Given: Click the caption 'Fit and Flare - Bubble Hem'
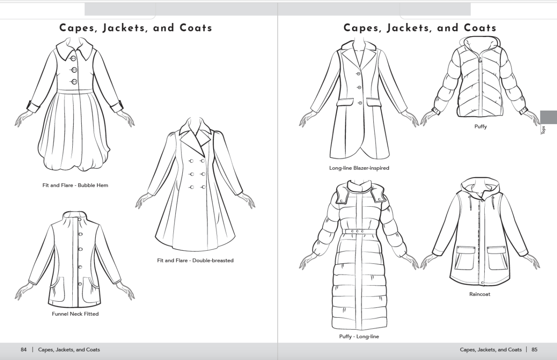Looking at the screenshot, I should tap(75, 185).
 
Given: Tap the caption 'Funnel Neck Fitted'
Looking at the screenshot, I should tap(75, 314).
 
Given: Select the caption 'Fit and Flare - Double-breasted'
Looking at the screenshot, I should tap(195, 261).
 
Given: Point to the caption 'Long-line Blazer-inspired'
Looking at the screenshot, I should tap(359, 168).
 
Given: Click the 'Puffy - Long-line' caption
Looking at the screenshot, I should tap(359, 336).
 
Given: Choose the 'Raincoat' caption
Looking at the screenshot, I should tap(480, 294).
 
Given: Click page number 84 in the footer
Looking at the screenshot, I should tap(23, 350).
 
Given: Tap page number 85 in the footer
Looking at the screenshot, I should tap(534, 350).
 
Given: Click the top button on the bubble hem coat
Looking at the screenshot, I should tap(74, 58).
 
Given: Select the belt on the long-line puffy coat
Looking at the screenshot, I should tap(359, 232).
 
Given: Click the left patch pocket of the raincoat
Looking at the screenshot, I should tap(464, 258).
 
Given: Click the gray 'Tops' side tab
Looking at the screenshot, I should tap(548, 118).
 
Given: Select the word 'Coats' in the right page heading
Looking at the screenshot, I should tap(480, 28).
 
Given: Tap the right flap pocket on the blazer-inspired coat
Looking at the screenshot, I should tap(376, 102).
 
